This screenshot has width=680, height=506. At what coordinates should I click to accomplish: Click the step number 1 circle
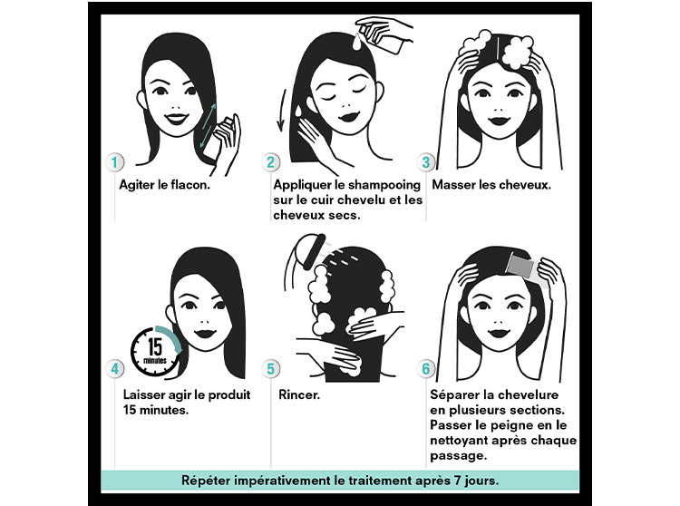pos(114,162)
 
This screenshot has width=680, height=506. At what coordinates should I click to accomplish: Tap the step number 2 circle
pos(270,162)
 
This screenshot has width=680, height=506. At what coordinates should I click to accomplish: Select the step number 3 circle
pos(426,162)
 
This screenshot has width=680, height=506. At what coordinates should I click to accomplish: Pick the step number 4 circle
pos(114,369)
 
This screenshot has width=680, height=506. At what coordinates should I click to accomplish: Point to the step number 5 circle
pos(270,369)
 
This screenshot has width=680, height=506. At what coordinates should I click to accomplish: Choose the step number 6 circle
pos(426,369)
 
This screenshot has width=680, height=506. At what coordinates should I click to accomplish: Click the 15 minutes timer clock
pos(156,351)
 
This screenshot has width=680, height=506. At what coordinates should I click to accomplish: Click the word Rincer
pos(299,394)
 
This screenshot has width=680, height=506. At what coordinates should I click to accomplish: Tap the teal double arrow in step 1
pos(208,126)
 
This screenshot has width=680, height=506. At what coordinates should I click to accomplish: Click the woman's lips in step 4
pos(205,334)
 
